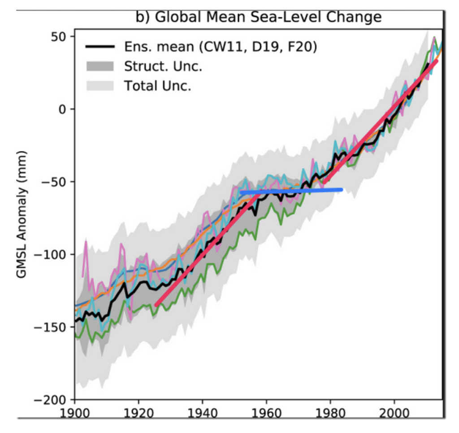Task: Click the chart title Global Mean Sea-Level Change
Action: pos(259,17)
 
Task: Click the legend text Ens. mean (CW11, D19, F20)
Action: pos(221,47)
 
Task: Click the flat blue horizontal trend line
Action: pos(291,191)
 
